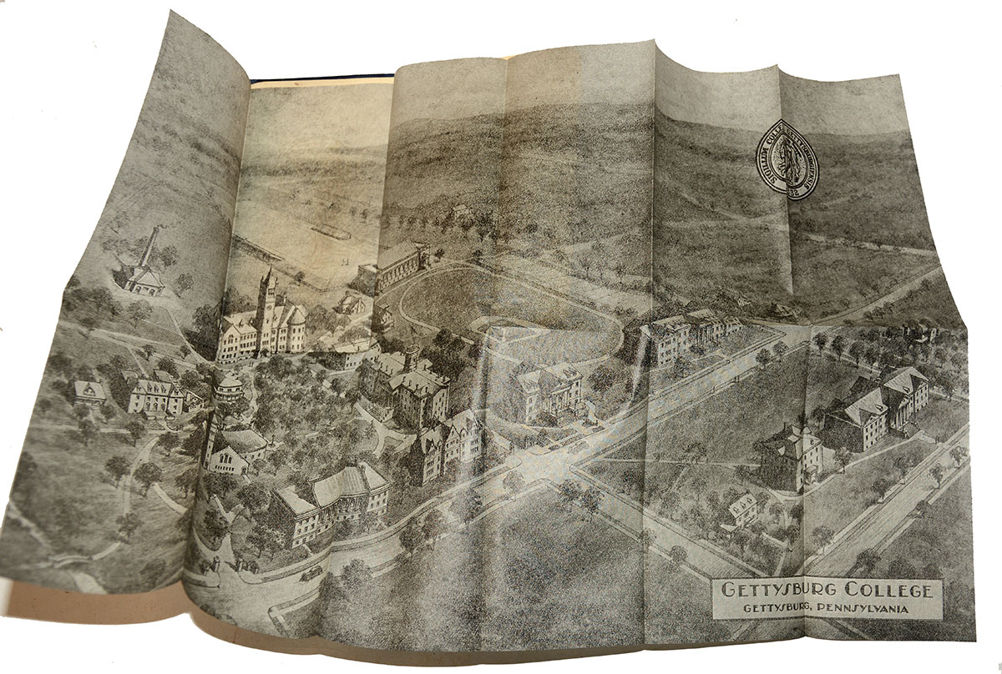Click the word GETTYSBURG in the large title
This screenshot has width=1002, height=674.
pyautogui.click(x=772, y=591)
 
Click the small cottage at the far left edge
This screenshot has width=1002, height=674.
pyautogui.click(x=89, y=392)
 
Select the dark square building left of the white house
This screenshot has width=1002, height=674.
pyautogui.click(x=790, y=455)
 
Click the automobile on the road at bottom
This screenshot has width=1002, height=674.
pyautogui.click(x=311, y=572)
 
